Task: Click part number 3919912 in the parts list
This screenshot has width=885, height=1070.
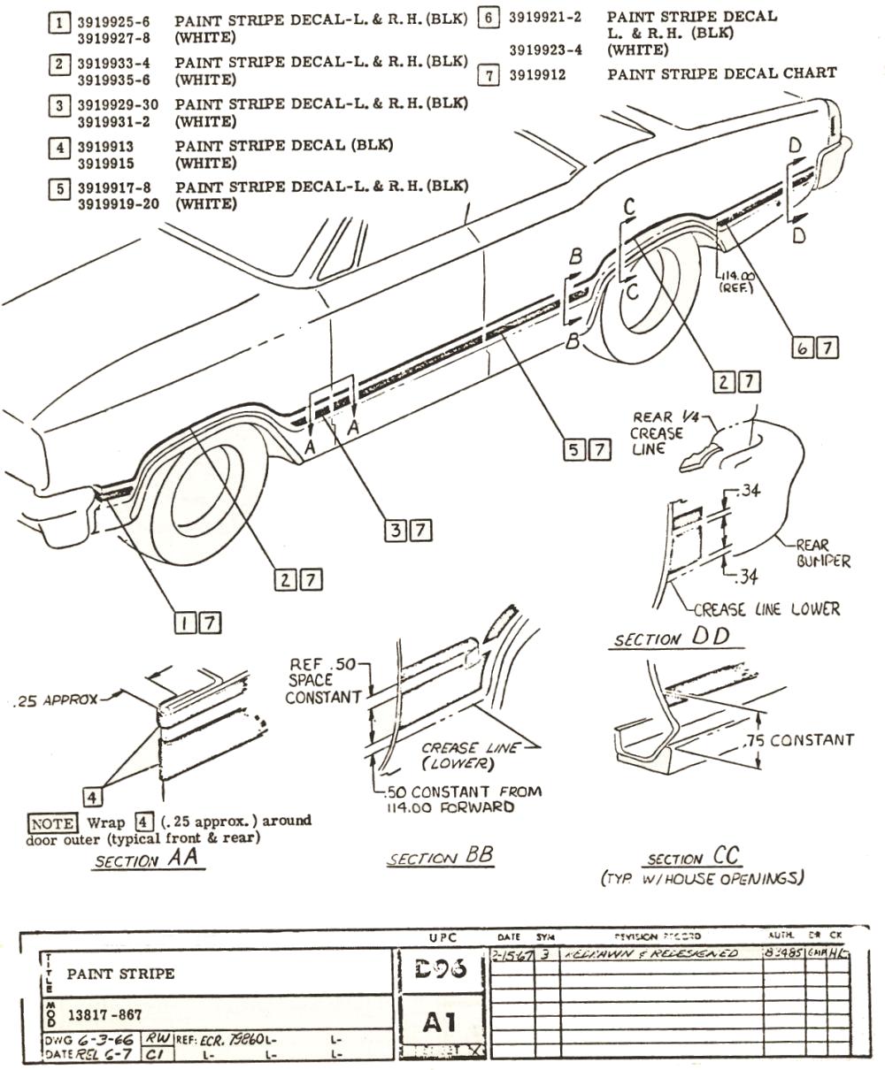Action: (x=537, y=75)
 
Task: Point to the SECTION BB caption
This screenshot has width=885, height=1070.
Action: (x=440, y=857)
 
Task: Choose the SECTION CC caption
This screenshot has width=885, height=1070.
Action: (x=694, y=858)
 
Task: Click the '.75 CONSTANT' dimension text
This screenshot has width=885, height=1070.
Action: (x=799, y=739)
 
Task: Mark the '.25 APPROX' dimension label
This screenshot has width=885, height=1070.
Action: (x=58, y=699)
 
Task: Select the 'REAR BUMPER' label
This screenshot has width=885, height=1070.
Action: (x=822, y=554)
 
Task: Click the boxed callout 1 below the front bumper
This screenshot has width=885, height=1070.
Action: (x=185, y=623)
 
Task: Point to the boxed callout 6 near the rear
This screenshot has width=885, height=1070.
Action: (x=803, y=348)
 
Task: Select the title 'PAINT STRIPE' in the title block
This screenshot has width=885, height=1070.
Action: (x=121, y=974)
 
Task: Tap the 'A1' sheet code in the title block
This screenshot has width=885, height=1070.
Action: (x=440, y=1022)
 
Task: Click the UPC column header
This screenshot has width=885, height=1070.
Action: (x=440, y=936)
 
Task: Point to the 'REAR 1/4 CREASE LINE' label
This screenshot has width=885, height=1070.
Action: (x=658, y=433)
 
